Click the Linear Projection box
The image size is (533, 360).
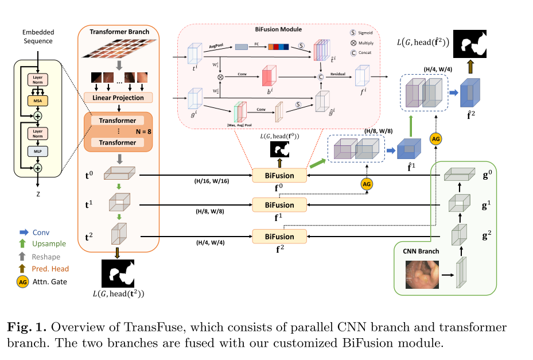click(x=118, y=98)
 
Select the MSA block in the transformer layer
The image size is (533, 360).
click(x=37, y=101)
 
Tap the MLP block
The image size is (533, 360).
click(x=37, y=151)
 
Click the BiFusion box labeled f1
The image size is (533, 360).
click(x=280, y=204)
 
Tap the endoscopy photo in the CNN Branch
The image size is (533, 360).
click(x=421, y=274)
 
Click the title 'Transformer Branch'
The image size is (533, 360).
click(x=119, y=32)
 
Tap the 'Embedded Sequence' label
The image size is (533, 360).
click(x=38, y=37)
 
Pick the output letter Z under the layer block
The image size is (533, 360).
click(x=37, y=193)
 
